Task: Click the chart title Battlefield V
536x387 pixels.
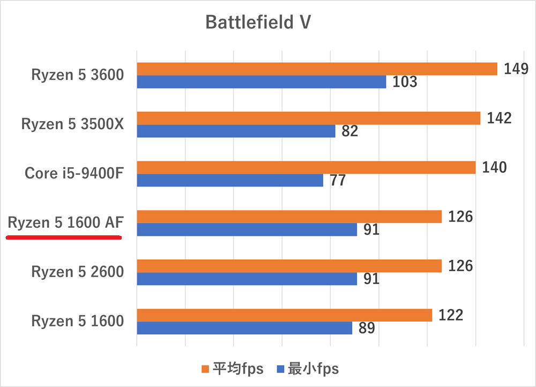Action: [x=258, y=23]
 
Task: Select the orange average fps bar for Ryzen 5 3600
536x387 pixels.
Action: [x=317, y=69]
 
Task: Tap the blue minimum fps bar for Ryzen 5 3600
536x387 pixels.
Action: [x=262, y=82]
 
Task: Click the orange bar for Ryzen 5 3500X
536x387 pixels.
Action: [x=308, y=118]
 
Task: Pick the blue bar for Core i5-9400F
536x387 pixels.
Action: [x=230, y=181]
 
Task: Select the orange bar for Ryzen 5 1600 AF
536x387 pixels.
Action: [x=289, y=217]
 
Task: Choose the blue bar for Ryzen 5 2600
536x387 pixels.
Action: [x=247, y=279]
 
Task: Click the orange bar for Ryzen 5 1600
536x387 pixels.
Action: [x=284, y=315]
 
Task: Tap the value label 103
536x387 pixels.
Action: [x=405, y=82]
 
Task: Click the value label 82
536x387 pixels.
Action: [x=349, y=131]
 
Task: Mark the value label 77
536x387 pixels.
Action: [x=338, y=181]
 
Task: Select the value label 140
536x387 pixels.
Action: [x=494, y=167]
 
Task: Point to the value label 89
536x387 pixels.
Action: [x=367, y=328]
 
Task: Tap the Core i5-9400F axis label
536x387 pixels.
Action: [x=74, y=173]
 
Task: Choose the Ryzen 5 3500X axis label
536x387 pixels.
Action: [x=72, y=124]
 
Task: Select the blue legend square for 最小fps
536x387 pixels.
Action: [x=279, y=369]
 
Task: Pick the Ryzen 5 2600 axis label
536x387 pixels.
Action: [x=78, y=272]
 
